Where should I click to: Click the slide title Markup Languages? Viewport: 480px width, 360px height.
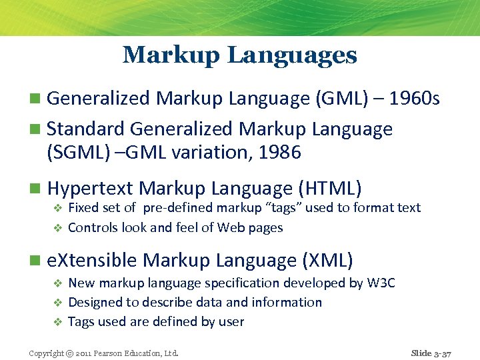pos(240,55)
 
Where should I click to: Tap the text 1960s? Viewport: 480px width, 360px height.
pos(415,99)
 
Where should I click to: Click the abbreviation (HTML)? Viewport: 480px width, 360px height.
pos(328,189)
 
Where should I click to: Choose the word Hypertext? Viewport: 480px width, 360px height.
pos(91,189)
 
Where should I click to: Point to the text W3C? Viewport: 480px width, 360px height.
pos(381,283)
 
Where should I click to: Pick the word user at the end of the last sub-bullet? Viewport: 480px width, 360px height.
pos(231,322)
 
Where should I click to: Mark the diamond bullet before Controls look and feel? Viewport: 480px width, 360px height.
pos(57,228)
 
